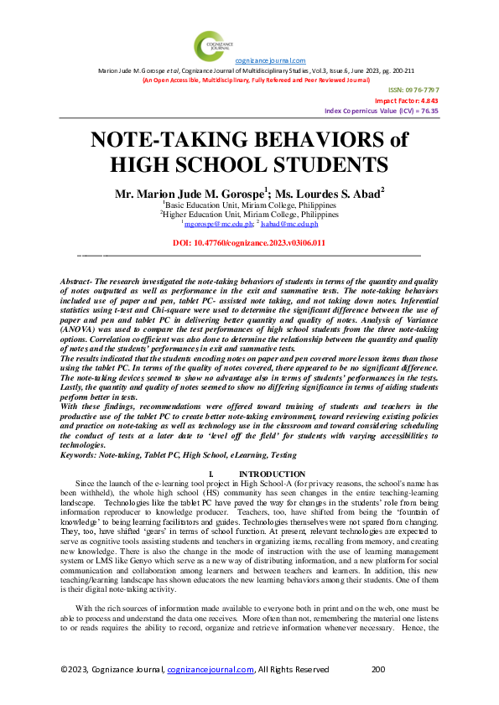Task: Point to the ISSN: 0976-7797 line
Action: pyautogui.click(x=413, y=90)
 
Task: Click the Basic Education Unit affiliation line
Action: pyautogui.click(x=250, y=205)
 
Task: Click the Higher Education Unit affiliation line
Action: pyautogui.click(x=249, y=215)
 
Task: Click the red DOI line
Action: pyautogui.click(x=249, y=242)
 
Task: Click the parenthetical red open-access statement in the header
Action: pyautogui.click(x=256, y=80)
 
